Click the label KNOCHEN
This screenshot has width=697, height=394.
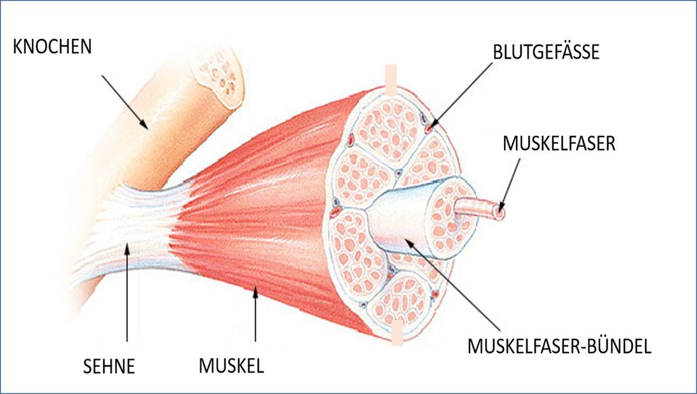tap(52, 47)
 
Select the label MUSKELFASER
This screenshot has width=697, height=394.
tap(558, 143)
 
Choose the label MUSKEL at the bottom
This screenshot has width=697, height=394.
tap(232, 366)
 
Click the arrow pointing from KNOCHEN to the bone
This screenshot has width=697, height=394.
tap(124, 99)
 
